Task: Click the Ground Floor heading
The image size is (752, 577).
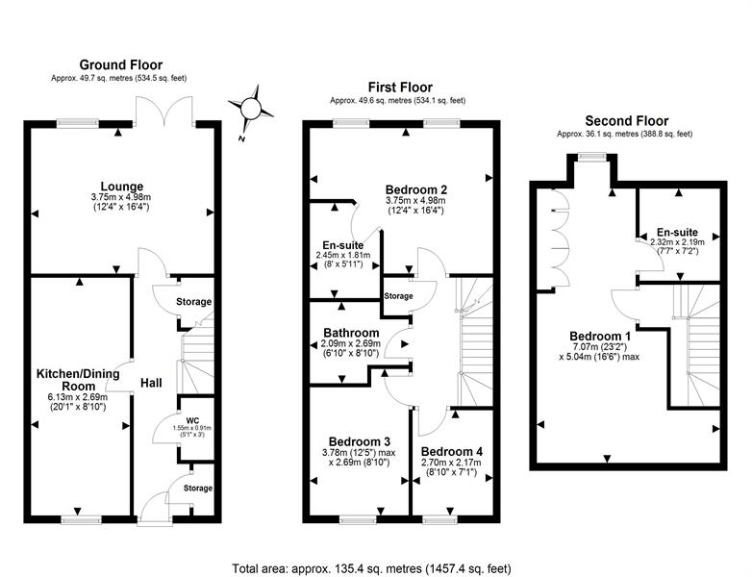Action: tap(121, 64)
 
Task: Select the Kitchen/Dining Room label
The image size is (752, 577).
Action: tap(78, 380)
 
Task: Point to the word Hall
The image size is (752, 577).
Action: tap(151, 383)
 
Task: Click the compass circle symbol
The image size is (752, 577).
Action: tap(250, 108)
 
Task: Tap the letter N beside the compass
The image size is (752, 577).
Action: tap(241, 139)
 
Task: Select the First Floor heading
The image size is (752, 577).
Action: tap(400, 88)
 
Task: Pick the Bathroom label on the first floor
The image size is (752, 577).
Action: tap(351, 333)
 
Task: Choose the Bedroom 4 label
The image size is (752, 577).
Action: tap(452, 452)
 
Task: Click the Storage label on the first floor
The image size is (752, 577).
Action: tap(398, 296)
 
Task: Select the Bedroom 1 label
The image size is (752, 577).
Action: tap(600, 337)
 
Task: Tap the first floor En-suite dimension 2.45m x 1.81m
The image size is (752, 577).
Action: tap(343, 255)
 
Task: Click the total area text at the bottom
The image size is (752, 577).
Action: tap(372, 569)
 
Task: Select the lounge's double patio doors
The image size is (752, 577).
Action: tap(165, 112)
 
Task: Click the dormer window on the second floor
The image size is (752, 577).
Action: tap(591, 157)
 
